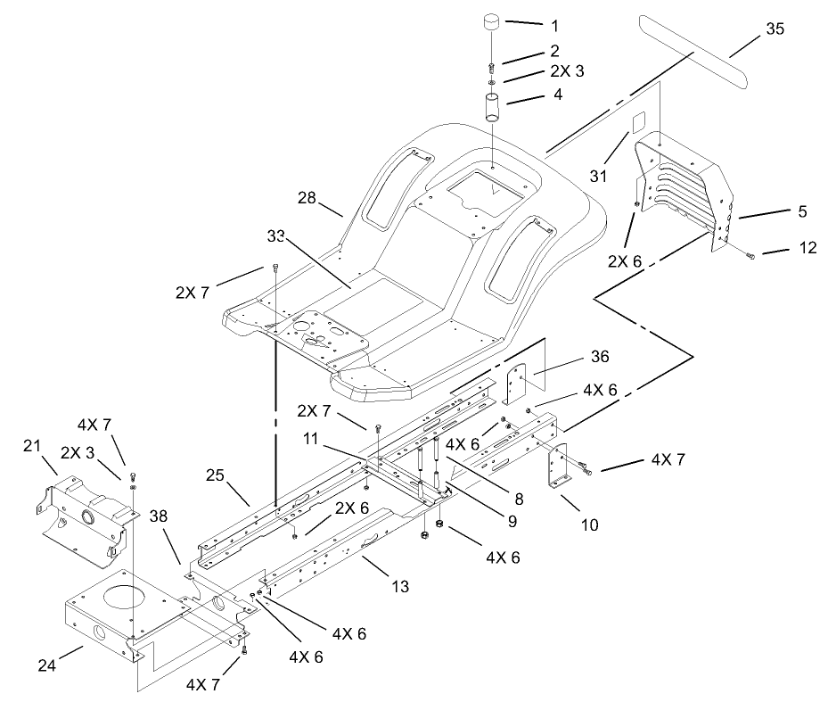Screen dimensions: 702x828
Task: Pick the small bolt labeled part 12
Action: (750, 255)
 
